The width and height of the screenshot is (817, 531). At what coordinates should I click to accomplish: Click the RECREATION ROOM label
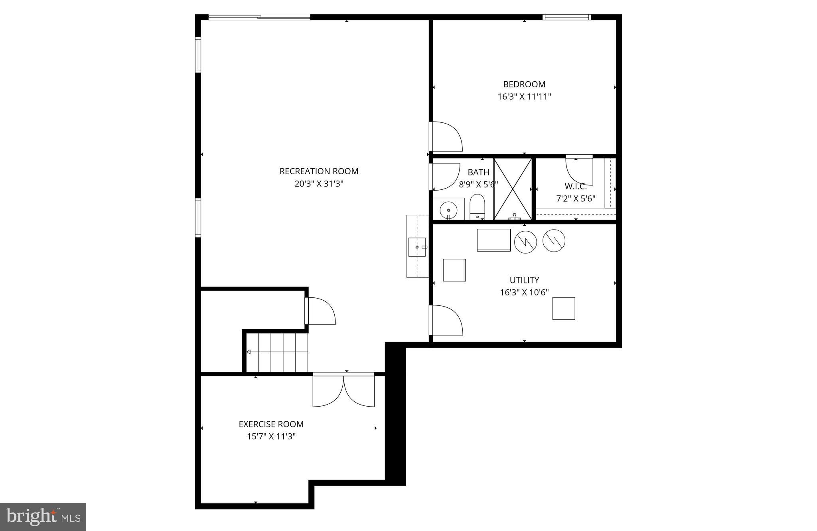point(319,171)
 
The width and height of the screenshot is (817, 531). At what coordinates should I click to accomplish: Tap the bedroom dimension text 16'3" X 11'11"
point(524,96)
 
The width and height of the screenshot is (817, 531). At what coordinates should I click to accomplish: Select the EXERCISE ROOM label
point(271,424)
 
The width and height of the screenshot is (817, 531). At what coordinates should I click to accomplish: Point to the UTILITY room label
point(524,280)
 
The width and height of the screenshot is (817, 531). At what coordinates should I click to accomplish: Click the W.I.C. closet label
point(576,186)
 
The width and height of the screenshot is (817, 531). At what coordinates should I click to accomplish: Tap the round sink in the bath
point(448,209)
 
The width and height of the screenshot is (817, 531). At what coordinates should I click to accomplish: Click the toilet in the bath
point(477,206)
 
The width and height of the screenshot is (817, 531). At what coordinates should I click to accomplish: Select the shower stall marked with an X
point(513,189)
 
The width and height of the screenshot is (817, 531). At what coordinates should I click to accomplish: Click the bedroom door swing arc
point(447,136)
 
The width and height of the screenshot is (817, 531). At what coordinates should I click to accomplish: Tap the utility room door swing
point(447,320)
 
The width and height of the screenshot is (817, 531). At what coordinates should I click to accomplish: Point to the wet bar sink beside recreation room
point(417,247)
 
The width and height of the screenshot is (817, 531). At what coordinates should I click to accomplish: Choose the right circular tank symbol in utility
point(554,240)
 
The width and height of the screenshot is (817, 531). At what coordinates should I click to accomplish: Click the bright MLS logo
point(43,517)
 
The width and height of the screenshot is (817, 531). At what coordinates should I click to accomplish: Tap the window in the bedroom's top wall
point(566,17)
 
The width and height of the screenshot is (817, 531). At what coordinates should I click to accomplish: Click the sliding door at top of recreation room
point(259,17)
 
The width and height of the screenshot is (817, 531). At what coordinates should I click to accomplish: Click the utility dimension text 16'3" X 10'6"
point(524,292)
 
